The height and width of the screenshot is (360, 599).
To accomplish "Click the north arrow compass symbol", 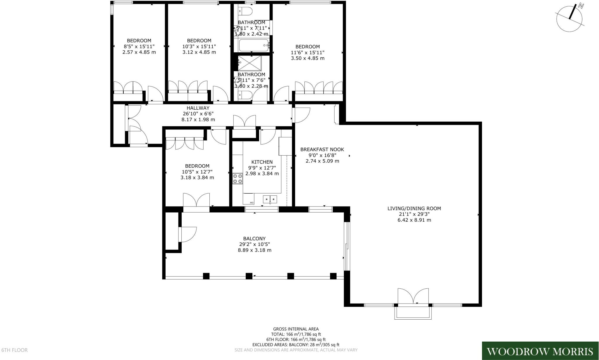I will (569, 18).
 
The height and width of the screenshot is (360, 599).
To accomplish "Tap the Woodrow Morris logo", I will (540, 351).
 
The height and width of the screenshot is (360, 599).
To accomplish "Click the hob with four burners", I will (237, 179).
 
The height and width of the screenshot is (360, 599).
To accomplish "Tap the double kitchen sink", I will (270, 199).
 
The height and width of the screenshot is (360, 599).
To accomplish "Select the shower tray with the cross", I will (249, 63).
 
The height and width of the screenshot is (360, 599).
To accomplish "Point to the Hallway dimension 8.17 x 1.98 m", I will (198, 120).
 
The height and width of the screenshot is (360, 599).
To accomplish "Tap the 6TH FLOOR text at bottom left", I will (15, 350).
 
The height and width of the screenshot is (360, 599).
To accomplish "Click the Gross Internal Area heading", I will (296, 329).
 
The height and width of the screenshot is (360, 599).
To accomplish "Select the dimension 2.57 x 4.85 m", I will (139, 52).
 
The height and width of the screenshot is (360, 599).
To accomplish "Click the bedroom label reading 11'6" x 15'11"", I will (307, 52).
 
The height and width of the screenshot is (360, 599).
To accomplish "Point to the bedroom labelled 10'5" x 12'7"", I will (197, 172).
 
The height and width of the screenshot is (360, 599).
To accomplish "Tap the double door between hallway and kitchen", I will (244, 122).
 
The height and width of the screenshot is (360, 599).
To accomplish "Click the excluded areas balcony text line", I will (296, 345).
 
